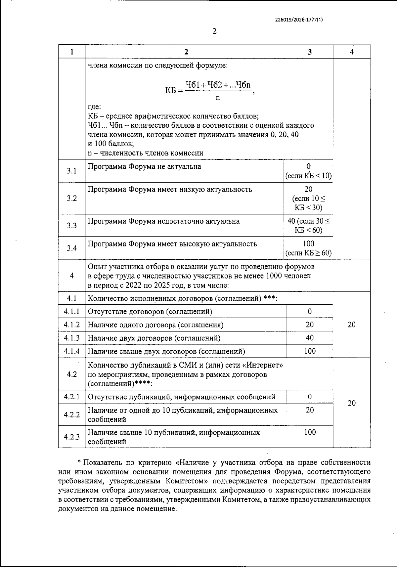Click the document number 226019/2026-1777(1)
pyautogui.click(x=299, y=20)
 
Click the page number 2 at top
pyautogui.click(x=214, y=32)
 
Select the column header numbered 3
pyautogui.click(x=310, y=52)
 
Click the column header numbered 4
pyautogui.click(x=352, y=52)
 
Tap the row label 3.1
pyautogui.click(x=72, y=171)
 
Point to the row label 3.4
pyautogui.click(x=72, y=248)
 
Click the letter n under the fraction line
pyautogui.click(x=218, y=98)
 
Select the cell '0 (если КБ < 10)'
pyautogui.click(x=308, y=171)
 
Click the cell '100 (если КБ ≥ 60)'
pyautogui.click(x=308, y=248)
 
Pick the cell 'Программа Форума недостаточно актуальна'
pyautogui.click(x=164, y=221)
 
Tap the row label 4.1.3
pyautogui.click(x=72, y=338)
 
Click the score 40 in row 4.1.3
pyautogui.click(x=310, y=338)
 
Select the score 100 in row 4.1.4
pyautogui.click(x=310, y=351)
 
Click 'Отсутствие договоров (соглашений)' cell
pyautogui.click(x=150, y=312)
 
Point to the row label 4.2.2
pyautogui.click(x=72, y=414)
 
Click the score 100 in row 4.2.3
pyautogui.click(x=310, y=432)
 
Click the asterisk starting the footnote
pyautogui.click(x=79, y=462)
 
